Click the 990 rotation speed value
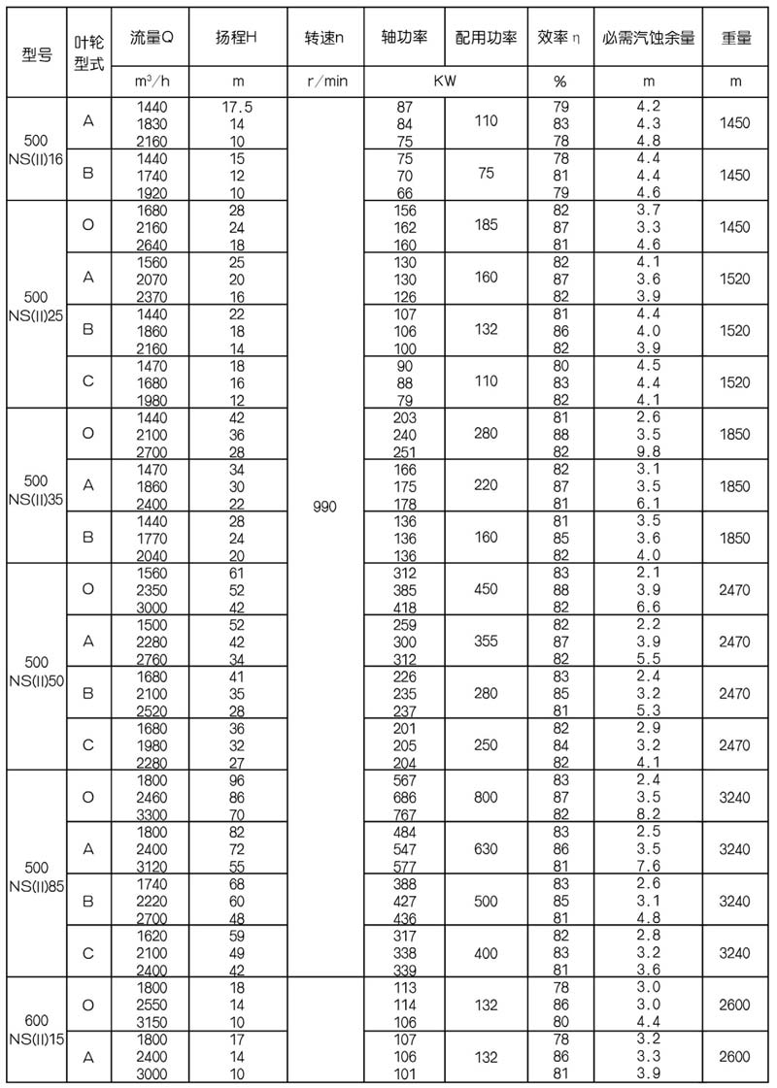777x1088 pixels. [x=324, y=507]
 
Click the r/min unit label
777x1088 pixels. [x=324, y=81]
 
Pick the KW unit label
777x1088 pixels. [x=448, y=81]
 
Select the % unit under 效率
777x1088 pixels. [x=559, y=81]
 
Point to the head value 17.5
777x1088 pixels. [x=235, y=107]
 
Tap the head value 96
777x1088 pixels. [x=235, y=779]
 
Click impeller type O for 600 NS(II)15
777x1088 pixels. [x=88, y=1005]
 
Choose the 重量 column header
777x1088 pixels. [x=736, y=42]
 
